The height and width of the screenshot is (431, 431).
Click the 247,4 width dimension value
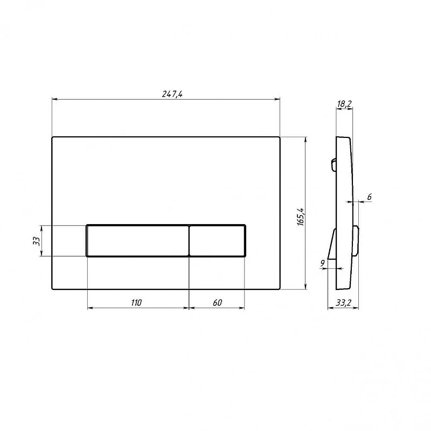click(172, 94)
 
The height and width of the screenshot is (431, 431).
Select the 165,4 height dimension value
click(301, 217)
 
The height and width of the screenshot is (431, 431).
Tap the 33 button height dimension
click(37, 241)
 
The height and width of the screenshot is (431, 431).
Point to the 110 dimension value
click(136, 303)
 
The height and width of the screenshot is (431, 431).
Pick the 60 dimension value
click(217, 303)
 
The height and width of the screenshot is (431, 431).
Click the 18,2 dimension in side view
click(344, 104)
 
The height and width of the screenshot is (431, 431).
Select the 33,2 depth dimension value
click(344, 303)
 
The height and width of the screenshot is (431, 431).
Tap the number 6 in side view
click(370, 197)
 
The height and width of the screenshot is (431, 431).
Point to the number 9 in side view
click(322, 263)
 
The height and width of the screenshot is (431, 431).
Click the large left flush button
click(138, 241)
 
